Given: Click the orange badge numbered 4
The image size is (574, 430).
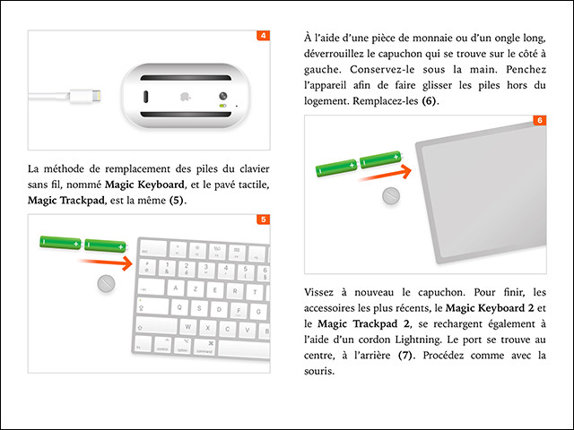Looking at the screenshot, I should pyautogui.click(x=263, y=37).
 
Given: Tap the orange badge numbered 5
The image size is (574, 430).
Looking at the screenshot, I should pyautogui.click(x=263, y=219).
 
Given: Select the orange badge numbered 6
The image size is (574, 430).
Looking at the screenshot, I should pyautogui.click(x=539, y=120).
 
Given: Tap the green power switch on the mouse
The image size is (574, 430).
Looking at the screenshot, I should pyautogui.click(x=221, y=105).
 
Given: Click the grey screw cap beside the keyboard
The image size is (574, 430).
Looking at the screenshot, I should pyautogui.click(x=105, y=284).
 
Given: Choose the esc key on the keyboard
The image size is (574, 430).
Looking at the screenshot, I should pyautogui.click(x=146, y=246).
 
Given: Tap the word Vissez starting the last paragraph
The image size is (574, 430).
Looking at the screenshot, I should pyautogui.click(x=322, y=292).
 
